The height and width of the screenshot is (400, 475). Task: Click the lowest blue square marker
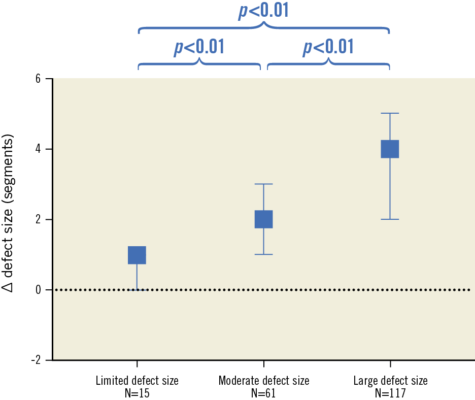click(137, 255)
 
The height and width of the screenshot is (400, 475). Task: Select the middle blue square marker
click(263, 219)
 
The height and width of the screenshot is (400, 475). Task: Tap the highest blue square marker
click(390, 149)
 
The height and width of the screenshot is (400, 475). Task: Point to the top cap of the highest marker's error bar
click(390, 113)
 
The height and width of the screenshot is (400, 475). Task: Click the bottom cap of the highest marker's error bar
click(390, 219)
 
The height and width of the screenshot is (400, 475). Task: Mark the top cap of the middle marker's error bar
click(263, 184)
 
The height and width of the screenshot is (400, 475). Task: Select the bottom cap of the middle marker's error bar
click(263, 254)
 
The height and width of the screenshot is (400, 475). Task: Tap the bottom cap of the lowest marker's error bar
click(137, 289)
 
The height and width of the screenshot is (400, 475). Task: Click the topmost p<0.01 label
click(263, 10)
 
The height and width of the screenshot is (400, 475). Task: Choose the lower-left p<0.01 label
click(199, 47)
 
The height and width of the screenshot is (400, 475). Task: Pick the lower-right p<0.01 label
click(328, 47)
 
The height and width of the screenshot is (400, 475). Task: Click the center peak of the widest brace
click(263, 23)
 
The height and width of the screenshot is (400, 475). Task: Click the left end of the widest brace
click(139, 32)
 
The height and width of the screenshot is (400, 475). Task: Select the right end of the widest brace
click(389, 32)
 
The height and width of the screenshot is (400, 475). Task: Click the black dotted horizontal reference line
click(304, 290)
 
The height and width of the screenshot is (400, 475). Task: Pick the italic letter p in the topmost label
click(243, 11)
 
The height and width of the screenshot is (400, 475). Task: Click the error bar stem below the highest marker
click(390, 188)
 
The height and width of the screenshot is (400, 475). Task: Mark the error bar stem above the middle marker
click(263, 197)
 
